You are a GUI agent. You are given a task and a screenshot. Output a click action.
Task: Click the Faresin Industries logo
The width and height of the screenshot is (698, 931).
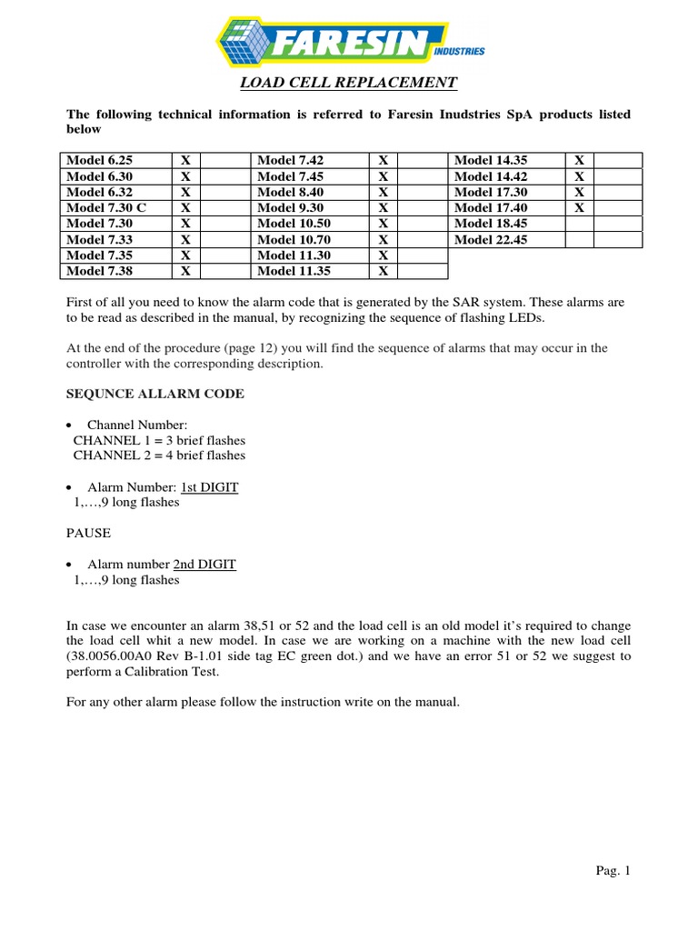[x=349, y=42]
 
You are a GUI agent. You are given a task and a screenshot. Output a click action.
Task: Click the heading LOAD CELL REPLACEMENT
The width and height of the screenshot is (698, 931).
[x=348, y=85]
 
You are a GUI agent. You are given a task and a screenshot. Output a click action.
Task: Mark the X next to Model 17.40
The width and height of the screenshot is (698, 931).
[x=579, y=207]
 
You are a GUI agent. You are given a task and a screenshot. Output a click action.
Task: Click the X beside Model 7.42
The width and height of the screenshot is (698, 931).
[x=384, y=160]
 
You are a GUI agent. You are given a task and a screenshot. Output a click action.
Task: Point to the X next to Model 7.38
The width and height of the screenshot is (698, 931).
[x=185, y=271]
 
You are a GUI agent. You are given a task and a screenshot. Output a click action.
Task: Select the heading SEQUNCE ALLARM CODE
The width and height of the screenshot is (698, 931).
[x=155, y=393]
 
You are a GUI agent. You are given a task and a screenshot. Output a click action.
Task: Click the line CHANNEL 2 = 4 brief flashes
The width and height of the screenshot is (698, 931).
[x=159, y=455]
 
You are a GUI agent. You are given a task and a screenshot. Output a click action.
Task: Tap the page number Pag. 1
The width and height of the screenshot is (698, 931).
[x=613, y=871]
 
